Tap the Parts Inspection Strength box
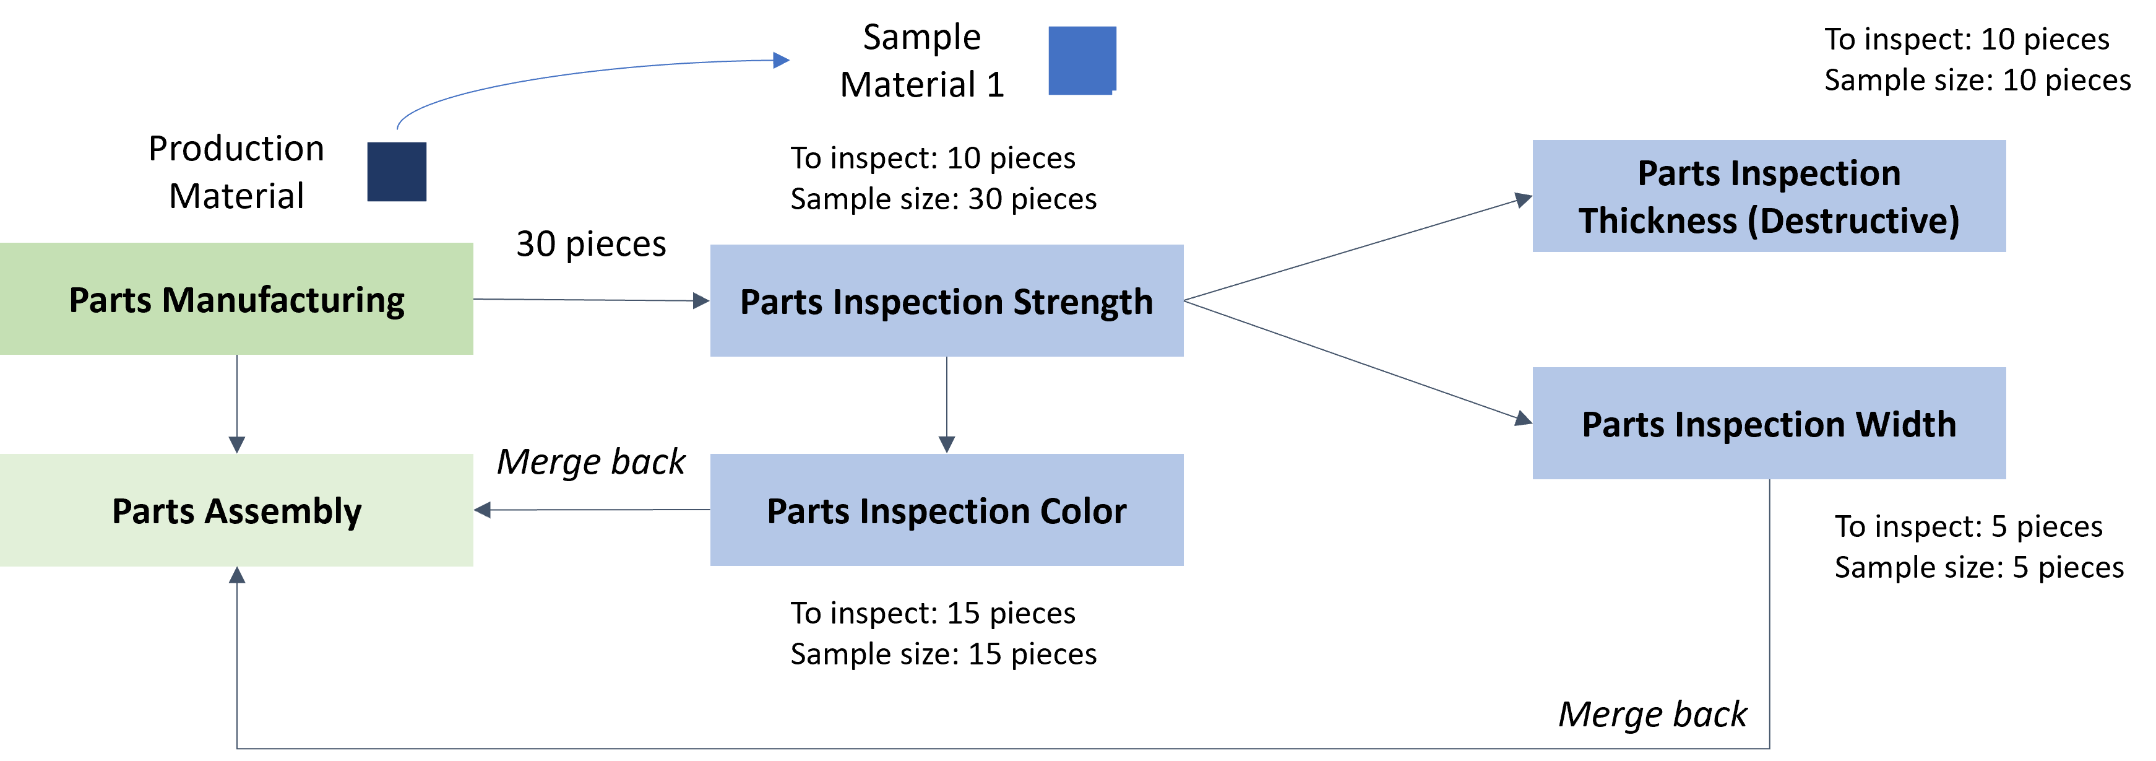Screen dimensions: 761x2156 pos(947,300)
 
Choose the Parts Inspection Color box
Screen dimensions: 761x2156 pos(947,510)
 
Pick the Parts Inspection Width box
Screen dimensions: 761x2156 pos(1769,423)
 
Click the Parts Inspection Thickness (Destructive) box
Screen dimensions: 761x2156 pos(1769,196)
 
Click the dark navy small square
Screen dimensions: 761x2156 pos(397,172)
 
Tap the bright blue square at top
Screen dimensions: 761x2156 pos(1082,60)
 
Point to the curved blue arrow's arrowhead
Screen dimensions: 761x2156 pos(782,60)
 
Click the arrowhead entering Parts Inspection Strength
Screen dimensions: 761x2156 pos(701,300)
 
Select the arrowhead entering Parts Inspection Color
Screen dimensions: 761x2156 pos(947,445)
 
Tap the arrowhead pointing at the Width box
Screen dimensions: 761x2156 pos(1524,419)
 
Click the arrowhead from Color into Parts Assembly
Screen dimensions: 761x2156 pos(483,510)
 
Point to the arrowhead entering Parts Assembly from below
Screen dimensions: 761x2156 pos(237,575)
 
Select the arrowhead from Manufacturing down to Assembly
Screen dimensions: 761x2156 pos(237,445)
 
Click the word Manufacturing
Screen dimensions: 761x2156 pos(283,300)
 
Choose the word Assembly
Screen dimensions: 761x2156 pos(283,511)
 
